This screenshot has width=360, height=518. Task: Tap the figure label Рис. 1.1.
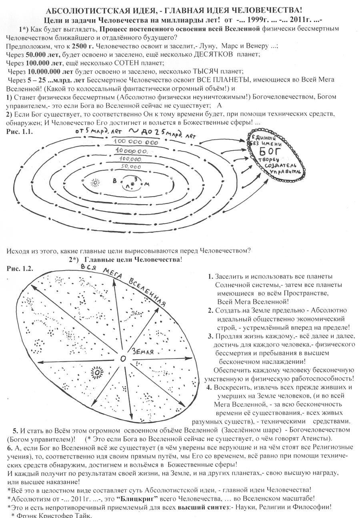coord(20,131)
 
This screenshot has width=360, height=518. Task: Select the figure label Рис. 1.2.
coord(20,268)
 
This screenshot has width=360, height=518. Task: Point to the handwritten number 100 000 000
coord(136,142)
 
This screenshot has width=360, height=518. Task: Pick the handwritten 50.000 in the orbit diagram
coord(130,167)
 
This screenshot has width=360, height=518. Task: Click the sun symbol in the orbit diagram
coord(95,183)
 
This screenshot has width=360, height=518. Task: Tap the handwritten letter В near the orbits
coord(115,181)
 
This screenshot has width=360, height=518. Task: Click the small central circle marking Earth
coord(122,359)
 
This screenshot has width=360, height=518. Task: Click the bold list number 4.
coord(209,387)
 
